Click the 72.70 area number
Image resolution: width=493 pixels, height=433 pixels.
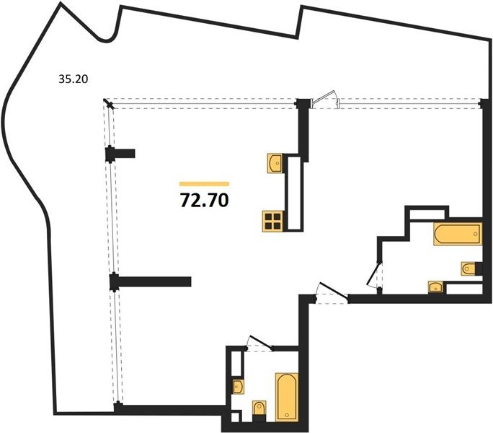point(205,201)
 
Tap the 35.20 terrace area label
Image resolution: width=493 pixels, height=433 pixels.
point(74,79)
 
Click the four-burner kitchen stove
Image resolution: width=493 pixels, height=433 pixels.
point(273,221)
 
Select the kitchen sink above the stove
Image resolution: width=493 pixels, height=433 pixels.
point(276,163)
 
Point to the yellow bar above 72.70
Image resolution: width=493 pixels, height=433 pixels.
point(205,184)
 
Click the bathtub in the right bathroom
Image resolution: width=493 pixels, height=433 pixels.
point(458,234)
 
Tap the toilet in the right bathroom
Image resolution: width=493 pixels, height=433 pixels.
point(469,268)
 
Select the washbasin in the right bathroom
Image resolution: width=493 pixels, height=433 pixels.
point(436,287)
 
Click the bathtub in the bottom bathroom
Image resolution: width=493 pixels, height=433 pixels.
point(287,397)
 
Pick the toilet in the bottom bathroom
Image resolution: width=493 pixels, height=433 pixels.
point(259,408)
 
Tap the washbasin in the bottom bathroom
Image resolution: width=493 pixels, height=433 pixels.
point(238,386)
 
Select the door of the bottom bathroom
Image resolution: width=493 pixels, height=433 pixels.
point(260,343)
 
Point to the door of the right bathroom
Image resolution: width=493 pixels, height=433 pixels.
point(374,275)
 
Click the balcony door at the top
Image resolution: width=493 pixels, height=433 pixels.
point(325,99)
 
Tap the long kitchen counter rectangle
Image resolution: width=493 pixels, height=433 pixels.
point(294,193)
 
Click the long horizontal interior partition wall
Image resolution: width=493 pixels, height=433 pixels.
point(154,281)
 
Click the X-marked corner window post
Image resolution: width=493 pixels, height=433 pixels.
point(109,103)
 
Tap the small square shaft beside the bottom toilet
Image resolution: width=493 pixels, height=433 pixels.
point(235,417)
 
